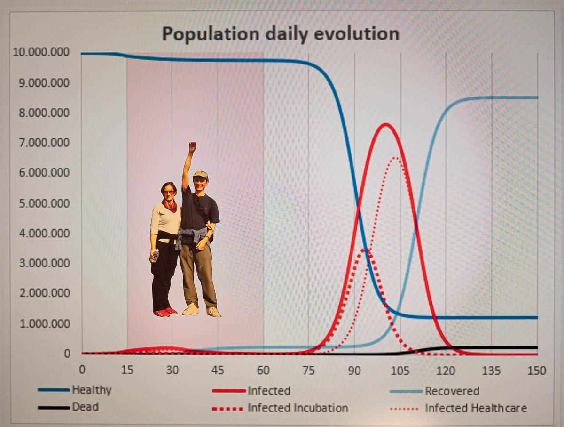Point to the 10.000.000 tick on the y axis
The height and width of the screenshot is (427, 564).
(x=41, y=52)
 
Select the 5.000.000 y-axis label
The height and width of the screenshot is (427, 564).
(x=44, y=203)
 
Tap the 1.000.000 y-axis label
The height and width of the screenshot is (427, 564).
(x=45, y=323)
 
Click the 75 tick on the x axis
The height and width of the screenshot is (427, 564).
(x=309, y=371)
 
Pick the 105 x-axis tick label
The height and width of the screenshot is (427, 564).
(x=400, y=371)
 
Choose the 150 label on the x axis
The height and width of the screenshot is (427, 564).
(x=537, y=371)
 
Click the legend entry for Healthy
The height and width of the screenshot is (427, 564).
(x=75, y=390)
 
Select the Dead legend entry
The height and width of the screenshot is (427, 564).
(x=68, y=407)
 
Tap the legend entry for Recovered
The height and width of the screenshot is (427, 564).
(x=434, y=391)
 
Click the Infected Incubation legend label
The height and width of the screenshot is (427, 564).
(x=280, y=408)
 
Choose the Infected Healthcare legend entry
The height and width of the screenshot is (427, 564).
(x=458, y=408)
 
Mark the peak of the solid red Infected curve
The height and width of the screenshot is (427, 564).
(x=386, y=124)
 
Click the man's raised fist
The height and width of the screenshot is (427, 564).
(x=192, y=147)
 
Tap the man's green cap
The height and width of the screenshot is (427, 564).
(x=201, y=174)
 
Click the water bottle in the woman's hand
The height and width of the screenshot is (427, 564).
(x=155, y=256)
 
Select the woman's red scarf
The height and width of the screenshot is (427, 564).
(x=170, y=205)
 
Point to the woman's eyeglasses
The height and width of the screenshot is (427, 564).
(x=169, y=192)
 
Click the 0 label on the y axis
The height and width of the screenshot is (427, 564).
(x=67, y=354)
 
